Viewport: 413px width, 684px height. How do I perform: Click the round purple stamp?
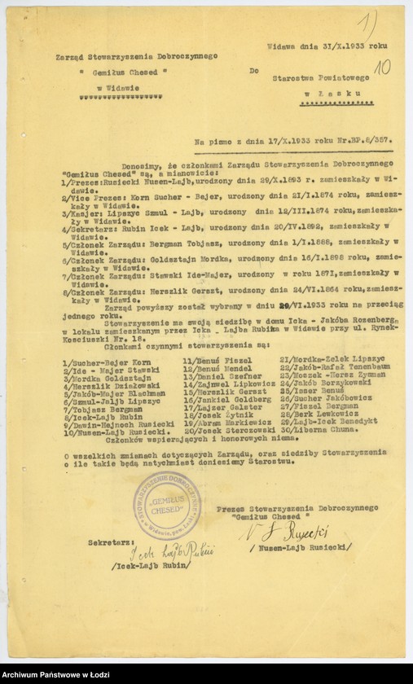pos(165,505)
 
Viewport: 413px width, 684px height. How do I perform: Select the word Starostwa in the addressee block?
pos(297,78)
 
